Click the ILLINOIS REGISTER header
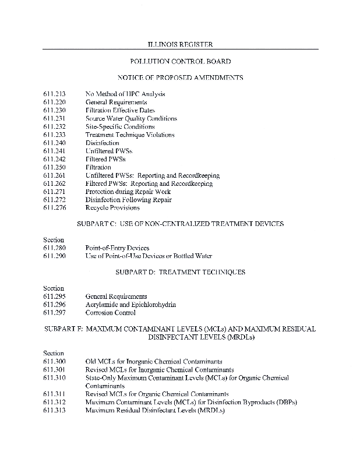pos(179,44)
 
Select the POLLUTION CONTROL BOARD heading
pos(179,61)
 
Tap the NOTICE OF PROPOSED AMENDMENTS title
pos(180,77)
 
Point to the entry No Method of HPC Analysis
pos(125,94)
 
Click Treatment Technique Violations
pos(130,135)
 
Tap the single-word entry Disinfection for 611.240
pos(102,143)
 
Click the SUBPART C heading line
pos(180,224)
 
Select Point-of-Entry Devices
pos(117,248)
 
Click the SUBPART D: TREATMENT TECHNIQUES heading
pos(180,272)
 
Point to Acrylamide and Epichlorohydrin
pos(130,305)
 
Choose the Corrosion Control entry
pos(111,313)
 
